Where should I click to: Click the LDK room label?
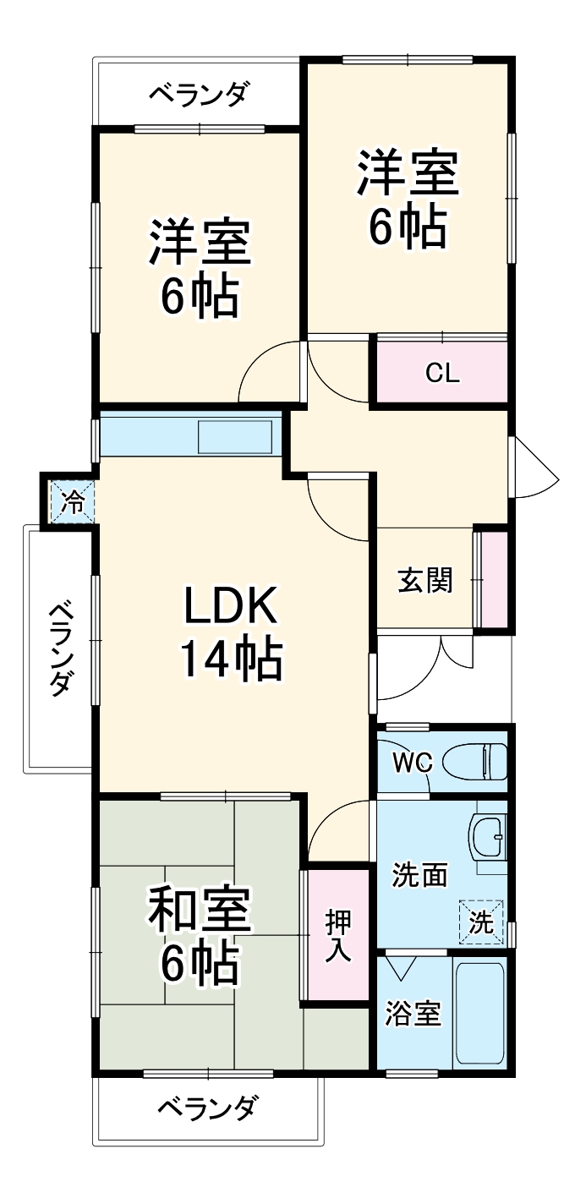click(x=230, y=608)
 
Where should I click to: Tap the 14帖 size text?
click(x=230, y=660)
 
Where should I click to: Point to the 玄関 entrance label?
click(x=424, y=580)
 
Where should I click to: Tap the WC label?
click(x=413, y=763)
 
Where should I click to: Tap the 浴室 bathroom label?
click(x=413, y=1014)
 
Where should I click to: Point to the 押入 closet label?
click(x=338, y=935)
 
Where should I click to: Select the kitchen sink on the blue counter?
click(x=235, y=437)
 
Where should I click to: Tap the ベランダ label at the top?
click(x=198, y=94)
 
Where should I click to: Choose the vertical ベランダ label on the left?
click(x=58, y=648)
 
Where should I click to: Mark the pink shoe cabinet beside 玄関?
click(x=494, y=579)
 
